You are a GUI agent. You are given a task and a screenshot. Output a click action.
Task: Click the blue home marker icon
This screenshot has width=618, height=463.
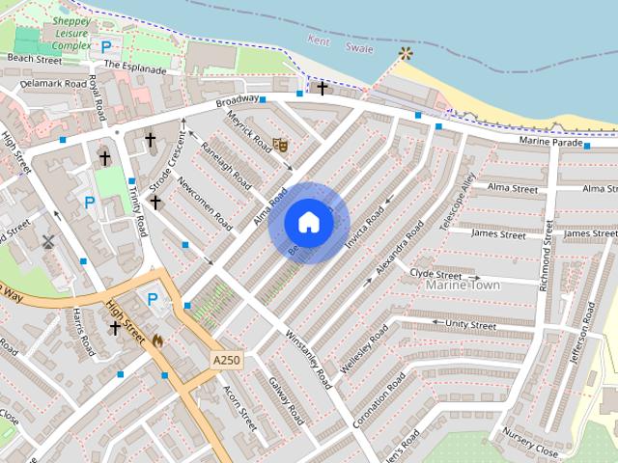point(308,223)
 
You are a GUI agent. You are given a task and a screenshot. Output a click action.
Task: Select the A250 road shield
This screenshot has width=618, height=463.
point(226,360)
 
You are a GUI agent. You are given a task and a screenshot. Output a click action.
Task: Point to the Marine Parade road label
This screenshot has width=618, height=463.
point(551,142)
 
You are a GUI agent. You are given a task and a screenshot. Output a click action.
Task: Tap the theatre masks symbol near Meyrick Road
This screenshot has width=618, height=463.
point(281,145)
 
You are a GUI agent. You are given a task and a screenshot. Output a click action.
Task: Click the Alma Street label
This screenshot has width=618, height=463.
point(513,187)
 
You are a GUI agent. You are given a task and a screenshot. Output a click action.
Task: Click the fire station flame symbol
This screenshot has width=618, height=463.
point(158,340)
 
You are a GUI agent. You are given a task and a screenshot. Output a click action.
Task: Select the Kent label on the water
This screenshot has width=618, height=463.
point(320,41)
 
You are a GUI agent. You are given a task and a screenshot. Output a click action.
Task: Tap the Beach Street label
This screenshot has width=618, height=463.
point(34,59)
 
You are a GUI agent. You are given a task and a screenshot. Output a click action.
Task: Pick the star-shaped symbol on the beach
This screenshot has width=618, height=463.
point(405,53)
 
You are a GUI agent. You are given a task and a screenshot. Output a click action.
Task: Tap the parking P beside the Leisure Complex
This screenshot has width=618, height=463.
point(105,45)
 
